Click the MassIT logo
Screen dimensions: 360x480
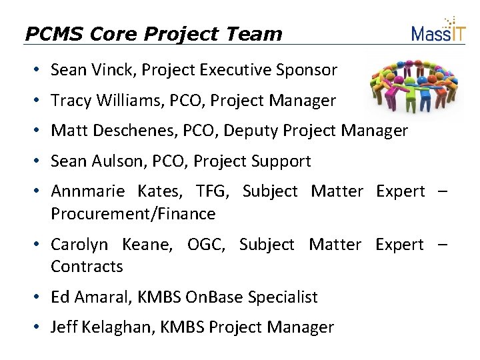pos(438,30)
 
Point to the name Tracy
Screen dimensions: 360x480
pos(70,101)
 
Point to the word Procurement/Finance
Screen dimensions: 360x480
pos(133,214)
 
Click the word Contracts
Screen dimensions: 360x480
pos(87,267)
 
